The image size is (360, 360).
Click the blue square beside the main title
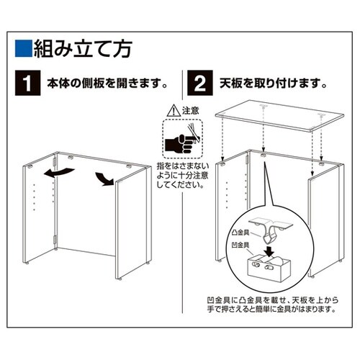(x=24, y=50)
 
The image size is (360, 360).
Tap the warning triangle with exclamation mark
(x=171, y=111)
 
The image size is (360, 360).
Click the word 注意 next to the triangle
(x=189, y=111)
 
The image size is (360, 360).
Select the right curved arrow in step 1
(x=102, y=176)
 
